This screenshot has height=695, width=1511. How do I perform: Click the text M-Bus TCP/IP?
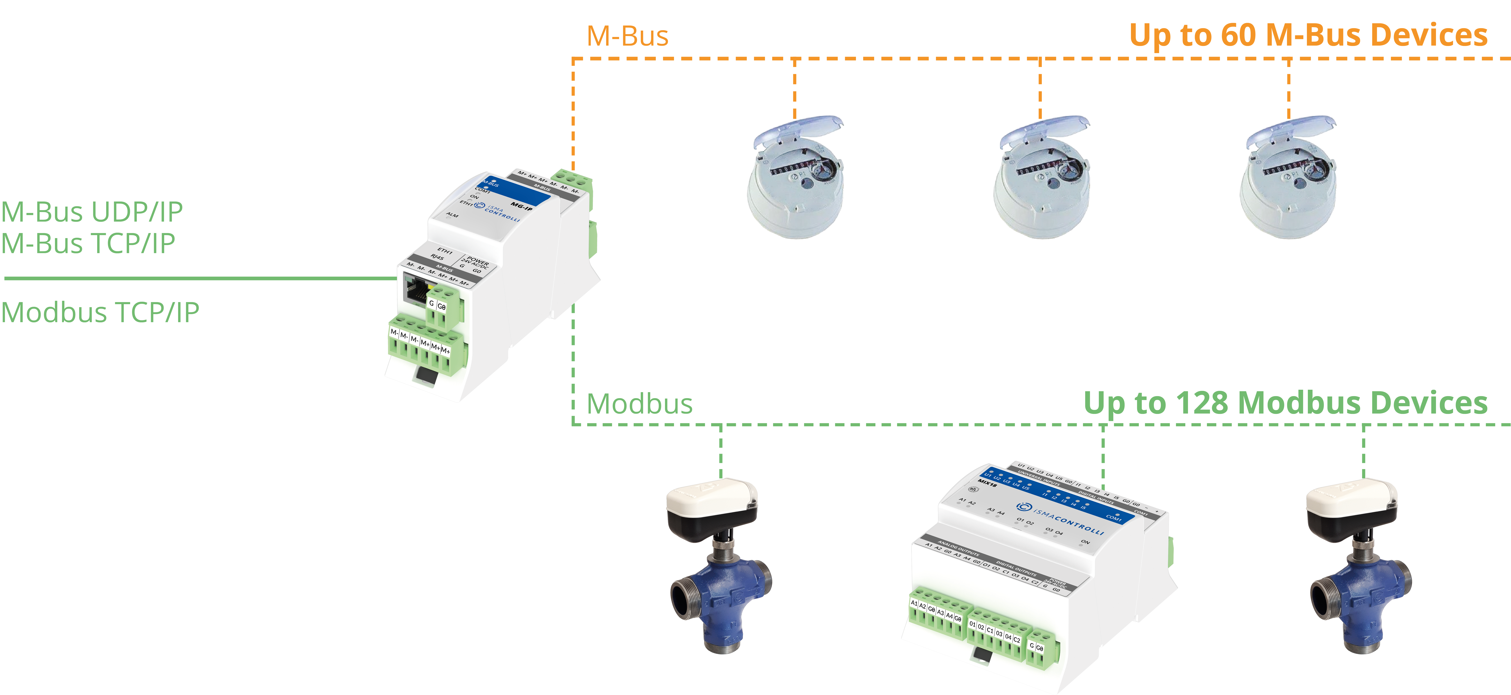88,243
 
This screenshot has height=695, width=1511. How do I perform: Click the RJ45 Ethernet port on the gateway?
415,290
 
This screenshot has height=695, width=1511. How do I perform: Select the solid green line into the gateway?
199,278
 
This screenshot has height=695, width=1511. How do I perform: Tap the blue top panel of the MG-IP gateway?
516,191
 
